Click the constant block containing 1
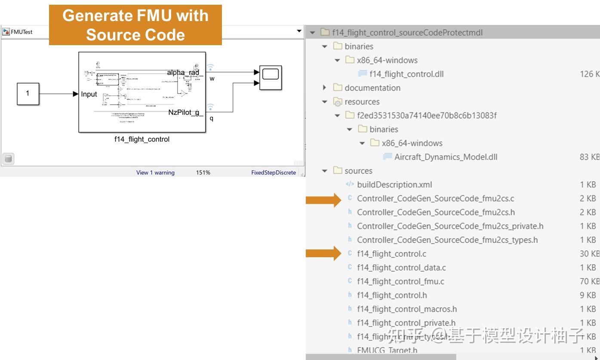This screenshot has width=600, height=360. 28,94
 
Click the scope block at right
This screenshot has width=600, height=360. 271,77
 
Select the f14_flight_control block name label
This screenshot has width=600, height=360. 142,139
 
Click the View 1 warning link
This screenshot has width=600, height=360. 155,172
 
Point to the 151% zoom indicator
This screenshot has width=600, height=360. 203,172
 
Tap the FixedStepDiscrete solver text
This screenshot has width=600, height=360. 274,172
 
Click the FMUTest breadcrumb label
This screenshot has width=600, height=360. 22,32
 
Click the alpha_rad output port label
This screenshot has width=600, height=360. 183,72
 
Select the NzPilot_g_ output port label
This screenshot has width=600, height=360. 185,113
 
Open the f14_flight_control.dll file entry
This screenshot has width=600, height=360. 406,74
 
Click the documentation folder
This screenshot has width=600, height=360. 372,88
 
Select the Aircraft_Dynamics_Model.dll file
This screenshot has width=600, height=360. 446,157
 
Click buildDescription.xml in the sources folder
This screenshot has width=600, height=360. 394,185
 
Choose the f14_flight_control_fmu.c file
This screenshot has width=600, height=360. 400,281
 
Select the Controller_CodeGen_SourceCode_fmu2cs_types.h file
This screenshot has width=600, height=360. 447,240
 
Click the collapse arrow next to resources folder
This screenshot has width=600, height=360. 325,102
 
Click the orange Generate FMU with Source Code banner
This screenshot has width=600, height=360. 135,25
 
